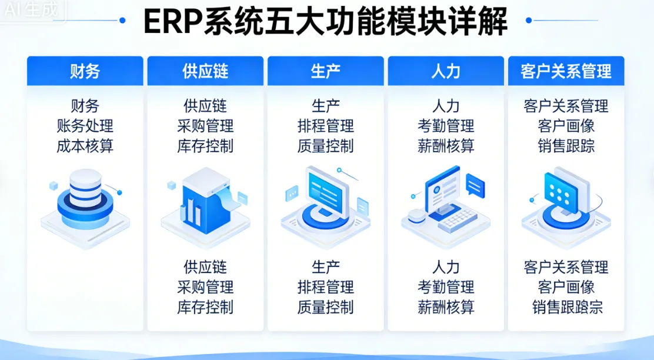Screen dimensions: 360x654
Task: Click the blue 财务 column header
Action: click(85, 71)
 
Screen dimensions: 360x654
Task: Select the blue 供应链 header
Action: click(205, 71)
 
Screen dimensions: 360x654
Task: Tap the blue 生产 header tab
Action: click(325, 71)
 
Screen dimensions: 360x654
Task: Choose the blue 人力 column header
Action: click(446, 71)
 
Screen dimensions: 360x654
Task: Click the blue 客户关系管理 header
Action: click(566, 71)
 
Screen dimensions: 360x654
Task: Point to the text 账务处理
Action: click(85, 126)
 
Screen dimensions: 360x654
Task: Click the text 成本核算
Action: click(85, 145)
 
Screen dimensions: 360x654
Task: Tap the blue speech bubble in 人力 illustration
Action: click(475, 185)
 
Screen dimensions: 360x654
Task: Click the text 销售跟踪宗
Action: click(566, 307)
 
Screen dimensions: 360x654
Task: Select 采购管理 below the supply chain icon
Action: click(205, 287)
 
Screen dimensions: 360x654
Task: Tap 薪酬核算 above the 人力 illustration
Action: click(446, 145)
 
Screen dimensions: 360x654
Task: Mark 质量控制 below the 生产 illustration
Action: click(325, 306)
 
